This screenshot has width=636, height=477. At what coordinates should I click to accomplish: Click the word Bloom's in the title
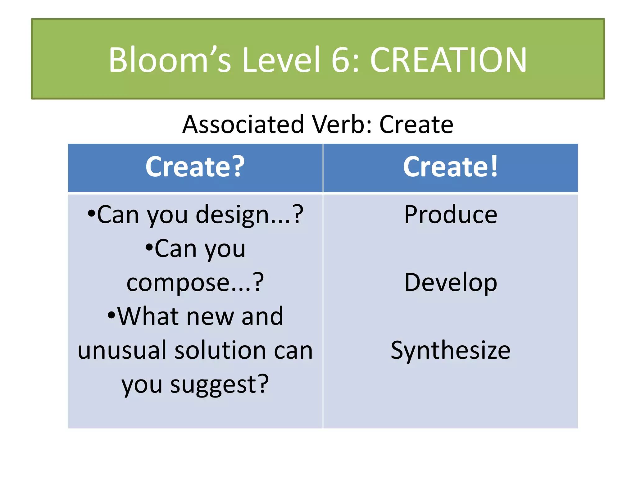point(170,60)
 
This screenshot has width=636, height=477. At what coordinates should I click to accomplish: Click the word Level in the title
point(281,60)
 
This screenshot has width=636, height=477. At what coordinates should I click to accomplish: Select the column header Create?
point(195,167)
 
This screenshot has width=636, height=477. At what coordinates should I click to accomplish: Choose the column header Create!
point(450,167)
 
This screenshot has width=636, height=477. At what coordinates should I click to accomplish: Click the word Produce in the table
point(451,215)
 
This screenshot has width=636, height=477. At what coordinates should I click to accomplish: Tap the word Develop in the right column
point(451,283)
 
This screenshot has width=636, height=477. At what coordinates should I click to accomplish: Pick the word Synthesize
point(451,350)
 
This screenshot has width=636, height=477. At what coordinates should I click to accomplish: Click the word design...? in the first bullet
point(249,215)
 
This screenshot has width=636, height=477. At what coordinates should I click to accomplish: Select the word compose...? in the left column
point(195,283)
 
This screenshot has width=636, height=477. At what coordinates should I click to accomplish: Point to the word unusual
point(122,350)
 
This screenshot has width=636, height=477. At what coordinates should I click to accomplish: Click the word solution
point(220,350)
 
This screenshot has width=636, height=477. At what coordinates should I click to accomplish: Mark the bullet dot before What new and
point(111,316)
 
